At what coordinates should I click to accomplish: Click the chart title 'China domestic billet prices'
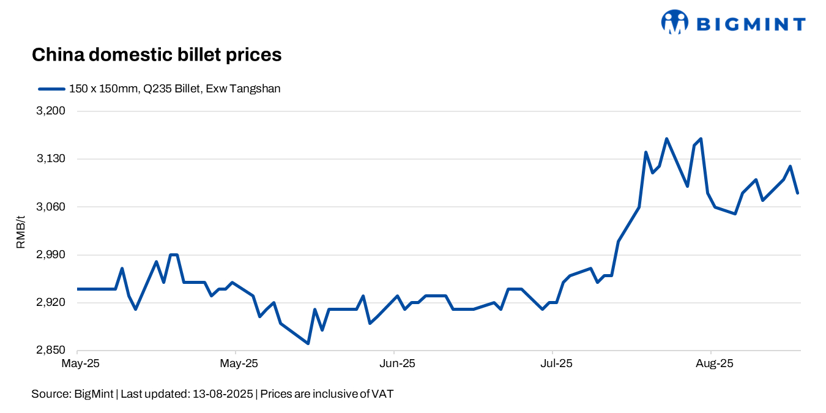156,54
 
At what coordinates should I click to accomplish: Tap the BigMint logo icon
674,23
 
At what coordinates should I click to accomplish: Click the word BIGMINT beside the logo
751,24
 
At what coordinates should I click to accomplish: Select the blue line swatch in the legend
51,89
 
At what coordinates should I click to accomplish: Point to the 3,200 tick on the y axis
51,111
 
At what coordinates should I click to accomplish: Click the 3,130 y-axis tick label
51,159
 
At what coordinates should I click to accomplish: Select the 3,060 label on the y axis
51,207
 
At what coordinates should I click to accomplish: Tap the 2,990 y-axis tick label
51,255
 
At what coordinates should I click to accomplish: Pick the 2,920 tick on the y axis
51,302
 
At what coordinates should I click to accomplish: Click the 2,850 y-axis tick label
51,351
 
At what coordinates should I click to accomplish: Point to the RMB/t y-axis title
21,232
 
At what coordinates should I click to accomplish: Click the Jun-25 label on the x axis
398,363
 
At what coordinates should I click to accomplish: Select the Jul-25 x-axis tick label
556,363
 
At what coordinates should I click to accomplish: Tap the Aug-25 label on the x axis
714,363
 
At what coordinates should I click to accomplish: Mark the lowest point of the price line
308,343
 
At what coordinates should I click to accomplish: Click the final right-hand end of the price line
797,193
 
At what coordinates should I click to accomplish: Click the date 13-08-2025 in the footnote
223,394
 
